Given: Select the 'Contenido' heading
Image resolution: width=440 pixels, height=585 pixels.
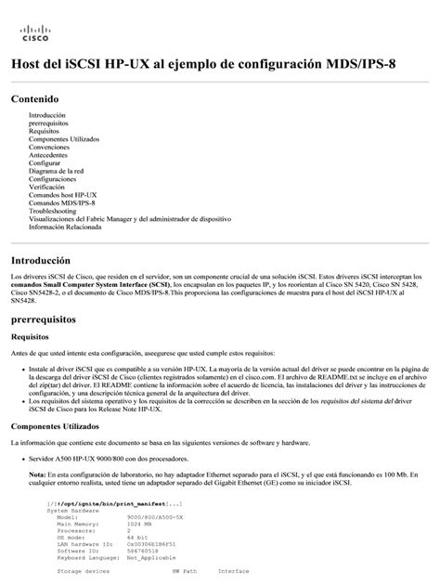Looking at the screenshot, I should pos(34,98).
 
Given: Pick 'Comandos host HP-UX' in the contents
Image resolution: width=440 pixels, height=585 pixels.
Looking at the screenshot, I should pos(64,194).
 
